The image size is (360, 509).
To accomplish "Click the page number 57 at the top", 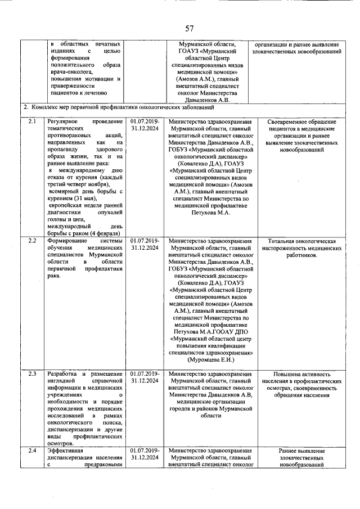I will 189,29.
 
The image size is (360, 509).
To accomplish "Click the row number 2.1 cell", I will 33,121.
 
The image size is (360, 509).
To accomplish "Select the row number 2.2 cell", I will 33,241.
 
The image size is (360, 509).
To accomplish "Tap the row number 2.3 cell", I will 33,374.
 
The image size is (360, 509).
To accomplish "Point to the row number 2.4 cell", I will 33,451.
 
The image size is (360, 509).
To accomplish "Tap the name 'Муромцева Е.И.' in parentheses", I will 210,359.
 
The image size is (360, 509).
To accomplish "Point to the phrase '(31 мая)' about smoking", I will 83,199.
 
